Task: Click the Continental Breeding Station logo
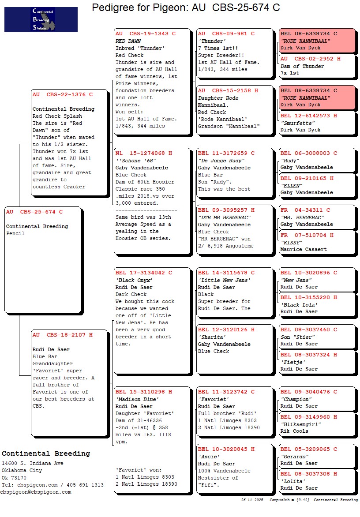pyautogui.click(x=41, y=19)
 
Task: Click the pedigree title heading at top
pyautogui.click(x=186, y=7)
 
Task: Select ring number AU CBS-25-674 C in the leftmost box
pyautogui.click(x=34, y=212)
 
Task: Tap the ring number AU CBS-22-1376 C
pyautogui.click(x=63, y=94)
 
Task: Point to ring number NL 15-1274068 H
pyautogui.click(x=144, y=154)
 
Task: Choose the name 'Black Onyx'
pyautogui.click(x=134, y=280)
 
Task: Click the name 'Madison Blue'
pyautogui.click(x=137, y=399)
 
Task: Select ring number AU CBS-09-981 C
pyautogui.click(x=226, y=34)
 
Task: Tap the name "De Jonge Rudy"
pyautogui.click(x=221, y=161)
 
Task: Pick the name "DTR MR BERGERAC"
pyautogui.click(x=225, y=217)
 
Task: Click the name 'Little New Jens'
pyautogui.click(x=224, y=280)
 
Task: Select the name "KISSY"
pyautogui.click(x=291, y=243)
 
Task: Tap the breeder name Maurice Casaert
pyautogui.click(x=304, y=250)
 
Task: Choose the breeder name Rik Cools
pyautogui.click(x=294, y=431)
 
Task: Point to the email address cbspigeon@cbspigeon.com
pyautogui.click(x=36, y=492)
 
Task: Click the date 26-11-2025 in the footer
pyautogui.click(x=252, y=500)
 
